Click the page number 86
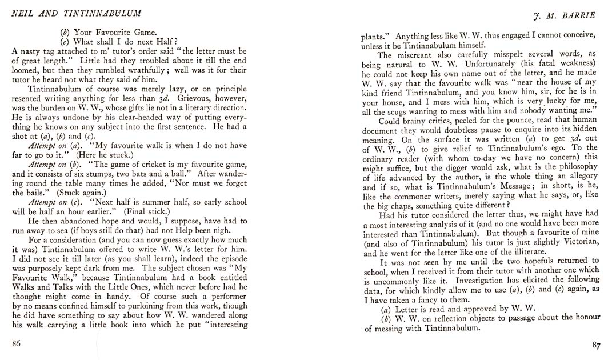[16, 343]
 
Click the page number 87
[596, 345]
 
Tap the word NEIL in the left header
[21, 13]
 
